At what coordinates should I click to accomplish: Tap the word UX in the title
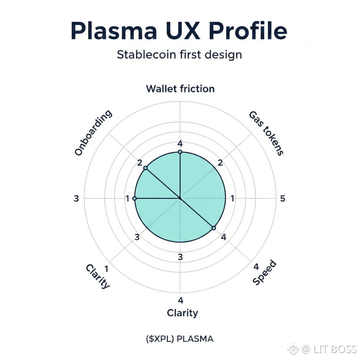click(188, 31)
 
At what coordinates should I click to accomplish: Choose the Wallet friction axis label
click(180, 89)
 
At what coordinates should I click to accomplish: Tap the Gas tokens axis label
click(266, 133)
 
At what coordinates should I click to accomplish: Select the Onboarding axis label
click(93, 133)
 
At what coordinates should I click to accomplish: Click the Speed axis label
click(264, 273)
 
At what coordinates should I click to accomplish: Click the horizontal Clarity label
click(182, 313)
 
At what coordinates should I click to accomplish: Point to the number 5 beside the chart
click(283, 199)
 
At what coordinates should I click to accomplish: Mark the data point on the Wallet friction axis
click(180, 152)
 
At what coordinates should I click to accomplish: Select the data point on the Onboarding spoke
click(145, 168)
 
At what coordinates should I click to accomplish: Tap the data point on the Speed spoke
click(213, 228)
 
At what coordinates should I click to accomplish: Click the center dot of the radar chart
click(180, 198)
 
